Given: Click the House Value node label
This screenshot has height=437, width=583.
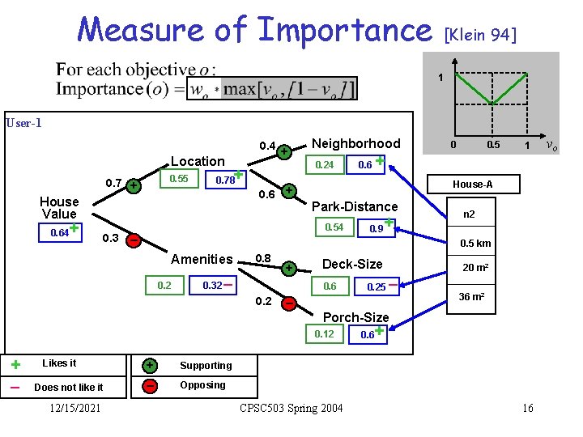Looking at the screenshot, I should (x=59, y=207).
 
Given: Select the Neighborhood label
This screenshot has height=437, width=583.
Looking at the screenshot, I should (x=355, y=143).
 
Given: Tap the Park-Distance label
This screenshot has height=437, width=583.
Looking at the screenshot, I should (x=355, y=206).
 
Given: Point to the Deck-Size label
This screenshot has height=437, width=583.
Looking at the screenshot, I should (x=352, y=263).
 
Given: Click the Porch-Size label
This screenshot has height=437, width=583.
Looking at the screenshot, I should (x=355, y=317).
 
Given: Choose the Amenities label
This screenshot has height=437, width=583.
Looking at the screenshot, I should (x=202, y=259).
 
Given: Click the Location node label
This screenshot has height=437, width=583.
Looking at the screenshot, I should (x=198, y=161).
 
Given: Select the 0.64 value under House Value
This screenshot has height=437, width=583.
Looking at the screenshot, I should (x=58, y=233).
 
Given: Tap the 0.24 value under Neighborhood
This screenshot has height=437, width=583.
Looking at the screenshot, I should (x=324, y=164).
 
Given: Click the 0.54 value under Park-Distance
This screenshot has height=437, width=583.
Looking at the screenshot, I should (x=334, y=227).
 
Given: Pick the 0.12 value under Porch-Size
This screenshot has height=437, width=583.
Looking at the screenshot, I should (x=324, y=334).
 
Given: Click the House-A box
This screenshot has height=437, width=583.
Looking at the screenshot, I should (x=472, y=185).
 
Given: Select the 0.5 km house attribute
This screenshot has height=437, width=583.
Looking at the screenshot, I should (x=476, y=244).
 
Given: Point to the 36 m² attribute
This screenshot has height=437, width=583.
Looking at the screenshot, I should (x=471, y=297).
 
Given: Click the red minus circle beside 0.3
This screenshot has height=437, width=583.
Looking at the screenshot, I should (x=133, y=240).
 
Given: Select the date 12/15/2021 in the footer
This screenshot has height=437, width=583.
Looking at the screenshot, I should (x=73, y=408).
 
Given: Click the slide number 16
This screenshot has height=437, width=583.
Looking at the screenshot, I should (x=527, y=408).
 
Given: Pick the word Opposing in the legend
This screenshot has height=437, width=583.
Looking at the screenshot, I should (x=202, y=384).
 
